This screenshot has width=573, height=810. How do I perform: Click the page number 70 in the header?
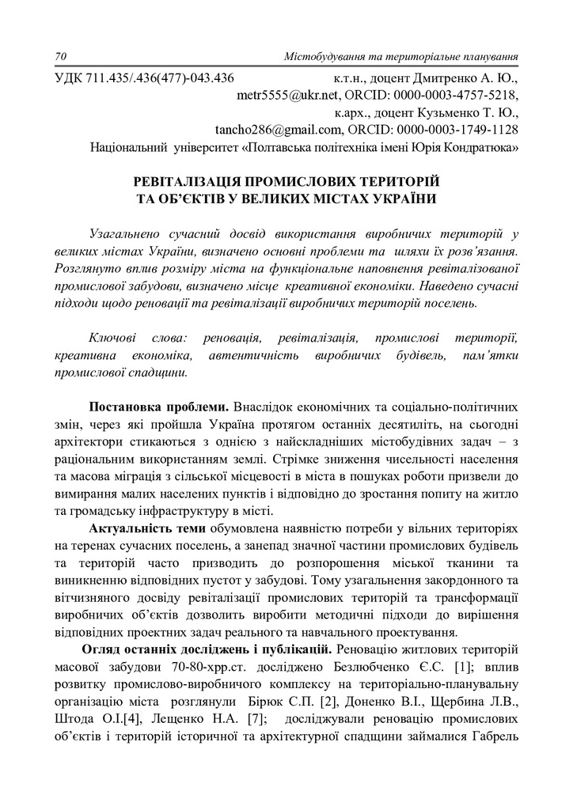61,57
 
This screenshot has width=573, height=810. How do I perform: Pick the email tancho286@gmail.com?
270,130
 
